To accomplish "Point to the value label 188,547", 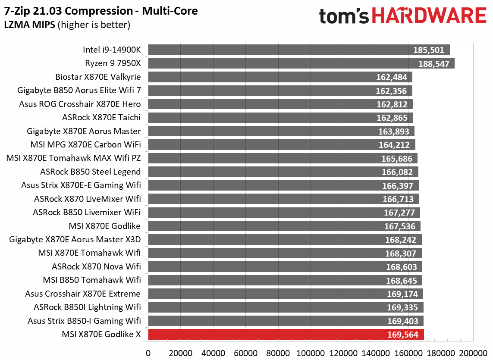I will (434, 64).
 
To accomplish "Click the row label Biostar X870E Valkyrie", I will (98, 77).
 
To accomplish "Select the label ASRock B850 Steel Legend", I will (90, 172).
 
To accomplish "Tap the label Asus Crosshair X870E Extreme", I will (83, 294).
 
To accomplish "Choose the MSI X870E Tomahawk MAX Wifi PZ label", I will (74, 158).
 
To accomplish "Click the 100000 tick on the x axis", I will (311, 352).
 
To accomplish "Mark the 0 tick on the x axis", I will (148, 352).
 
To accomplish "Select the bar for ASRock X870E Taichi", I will (280, 118).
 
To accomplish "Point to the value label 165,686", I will (397, 159).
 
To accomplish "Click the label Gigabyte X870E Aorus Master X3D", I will (75, 240).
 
